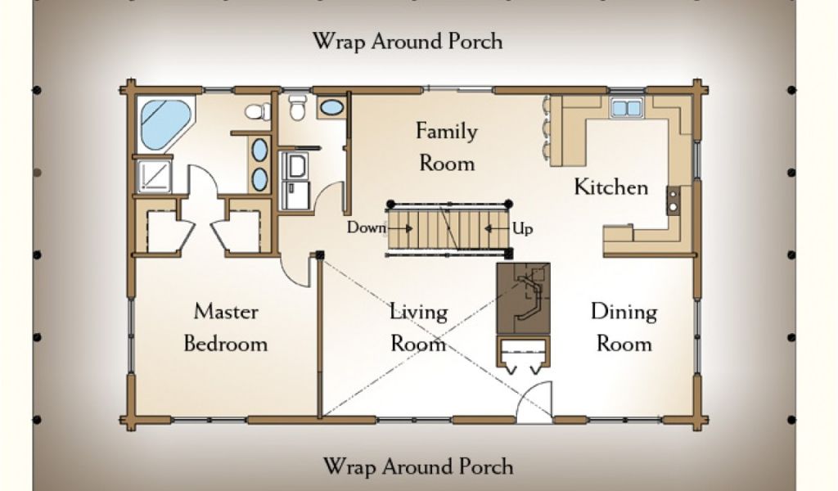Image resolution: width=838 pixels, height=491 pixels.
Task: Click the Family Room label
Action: (x=447, y=147)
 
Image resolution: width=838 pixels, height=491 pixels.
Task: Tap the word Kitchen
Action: (x=610, y=187)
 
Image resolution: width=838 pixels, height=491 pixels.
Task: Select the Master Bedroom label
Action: (x=226, y=327)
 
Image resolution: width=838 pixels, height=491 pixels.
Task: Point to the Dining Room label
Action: (x=624, y=327)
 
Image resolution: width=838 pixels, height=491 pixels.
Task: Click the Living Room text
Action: (x=418, y=327)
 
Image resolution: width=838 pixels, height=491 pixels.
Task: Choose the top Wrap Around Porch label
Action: (x=408, y=41)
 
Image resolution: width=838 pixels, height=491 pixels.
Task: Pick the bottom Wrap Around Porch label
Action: (x=418, y=466)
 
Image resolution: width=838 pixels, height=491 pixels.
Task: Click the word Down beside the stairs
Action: (x=367, y=227)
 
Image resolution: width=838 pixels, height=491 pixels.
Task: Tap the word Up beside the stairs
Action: (x=523, y=228)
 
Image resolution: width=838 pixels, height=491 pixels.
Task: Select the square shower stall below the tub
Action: (x=154, y=176)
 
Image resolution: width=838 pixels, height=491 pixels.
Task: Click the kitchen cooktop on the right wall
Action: (x=674, y=200)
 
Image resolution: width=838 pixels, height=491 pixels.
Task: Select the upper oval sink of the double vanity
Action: (x=259, y=150)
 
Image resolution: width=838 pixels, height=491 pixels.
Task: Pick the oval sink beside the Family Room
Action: (x=332, y=107)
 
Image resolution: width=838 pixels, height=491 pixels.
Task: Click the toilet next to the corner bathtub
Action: (x=258, y=111)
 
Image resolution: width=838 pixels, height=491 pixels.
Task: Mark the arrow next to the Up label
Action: (x=497, y=228)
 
